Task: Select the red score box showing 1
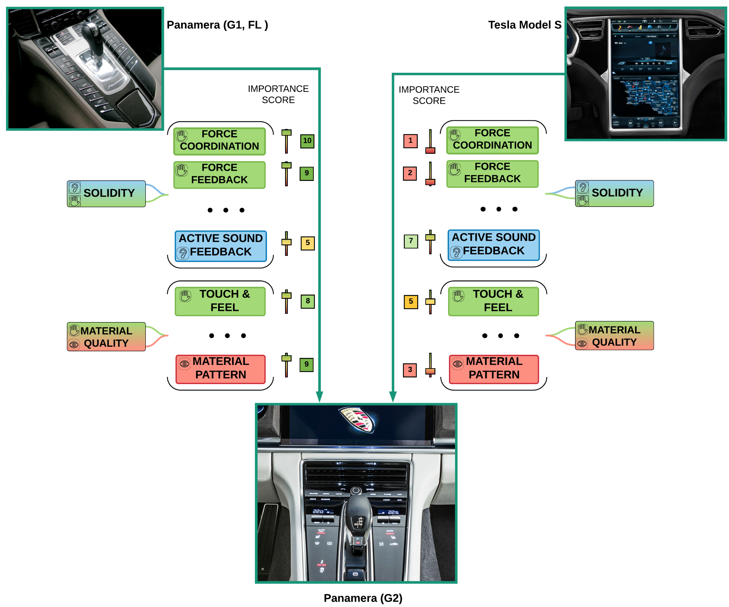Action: point(410,141)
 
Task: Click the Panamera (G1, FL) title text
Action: point(217,25)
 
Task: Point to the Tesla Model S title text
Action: point(524,25)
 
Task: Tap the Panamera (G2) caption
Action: point(363,598)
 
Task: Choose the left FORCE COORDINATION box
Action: point(219,141)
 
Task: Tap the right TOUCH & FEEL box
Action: point(493,301)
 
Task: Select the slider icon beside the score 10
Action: point(286,141)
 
